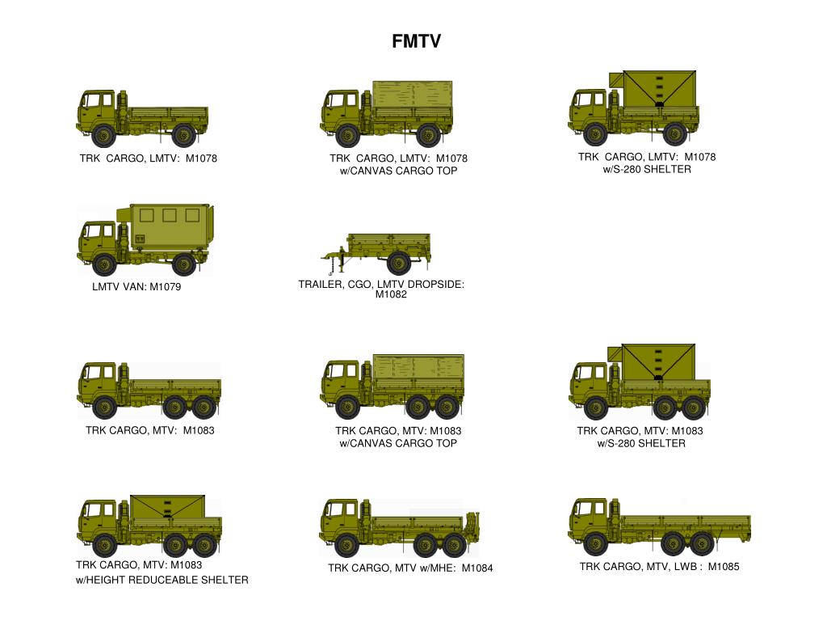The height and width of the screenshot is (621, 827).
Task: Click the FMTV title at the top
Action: pyautogui.click(x=416, y=41)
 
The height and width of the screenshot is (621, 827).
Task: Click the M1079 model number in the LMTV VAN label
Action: pyautogui.click(x=166, y=287)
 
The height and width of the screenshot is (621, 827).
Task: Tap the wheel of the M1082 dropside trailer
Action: pyautogui.click(x=397, y=263)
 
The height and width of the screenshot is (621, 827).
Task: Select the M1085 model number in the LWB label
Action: pyautogui.click(x=724, y=567)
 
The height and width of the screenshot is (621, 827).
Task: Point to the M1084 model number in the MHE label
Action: pyautogui.click(x=477, y=568)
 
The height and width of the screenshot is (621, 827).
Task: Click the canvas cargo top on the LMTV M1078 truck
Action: pyautogui.click(x=412, y=98)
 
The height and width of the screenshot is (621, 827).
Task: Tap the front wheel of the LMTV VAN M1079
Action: pyautogui.click(x=104, y=264)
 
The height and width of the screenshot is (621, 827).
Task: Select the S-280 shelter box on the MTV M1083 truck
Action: pyautogui.click(x=658, y=361)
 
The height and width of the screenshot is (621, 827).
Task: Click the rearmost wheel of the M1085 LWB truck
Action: pyautogui.click(x=701, y=543)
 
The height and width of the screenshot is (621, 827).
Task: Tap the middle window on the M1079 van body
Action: pyautogui.click(x=170, y=215)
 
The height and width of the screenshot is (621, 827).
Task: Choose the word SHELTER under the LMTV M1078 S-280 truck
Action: pyautogui.click(x=667, y=170)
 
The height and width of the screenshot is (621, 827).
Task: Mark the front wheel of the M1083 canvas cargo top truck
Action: pyautogui.click(x=347, y=407)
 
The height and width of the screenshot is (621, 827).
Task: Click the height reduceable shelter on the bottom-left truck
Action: pyautogui.click(x=167, y=508)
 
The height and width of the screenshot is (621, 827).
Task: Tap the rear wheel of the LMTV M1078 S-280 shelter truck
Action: pyautogui.click(x=674, y=133)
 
